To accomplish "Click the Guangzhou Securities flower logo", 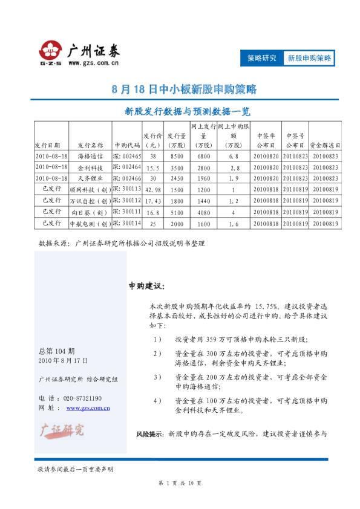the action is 51,50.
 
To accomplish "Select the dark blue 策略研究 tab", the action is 261,58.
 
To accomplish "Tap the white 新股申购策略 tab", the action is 309,58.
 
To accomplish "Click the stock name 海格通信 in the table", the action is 90,156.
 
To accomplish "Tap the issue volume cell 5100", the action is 177,212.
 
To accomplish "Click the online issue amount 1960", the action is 204,178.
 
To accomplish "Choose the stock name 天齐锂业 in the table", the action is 90,178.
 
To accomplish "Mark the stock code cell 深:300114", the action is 127,223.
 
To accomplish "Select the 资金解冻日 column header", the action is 325,145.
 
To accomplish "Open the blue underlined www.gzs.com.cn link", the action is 87,409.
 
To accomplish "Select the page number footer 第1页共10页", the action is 179,483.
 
